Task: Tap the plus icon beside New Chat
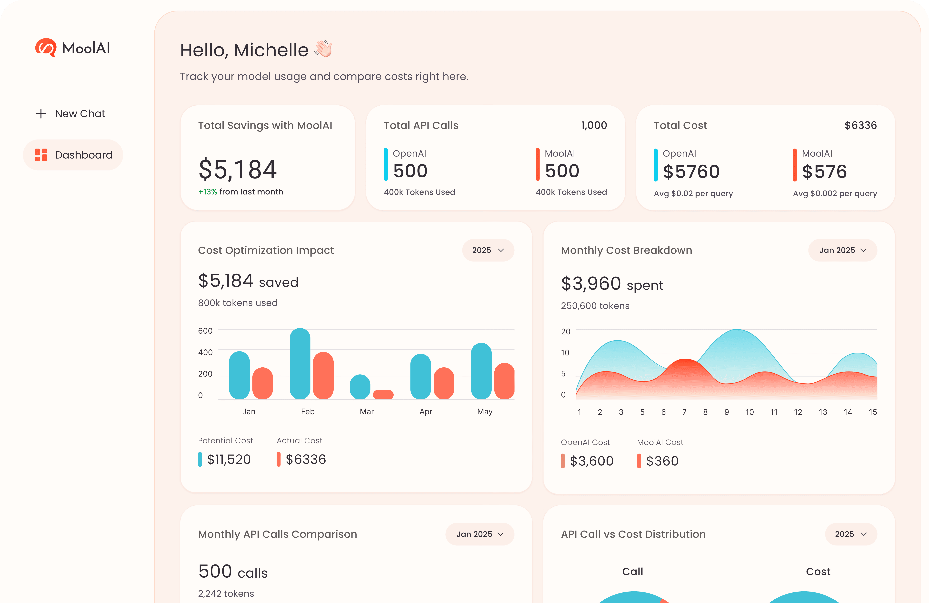coord(41,114)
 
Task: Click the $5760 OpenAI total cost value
coord(691,172)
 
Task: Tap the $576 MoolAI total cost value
coord(824,172)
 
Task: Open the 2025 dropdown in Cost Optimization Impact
coord(488,250)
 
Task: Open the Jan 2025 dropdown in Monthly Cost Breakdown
coord(842,250)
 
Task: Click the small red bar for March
coord(383,395)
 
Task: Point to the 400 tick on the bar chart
coord(205,352)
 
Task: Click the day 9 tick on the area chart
coord(726,412)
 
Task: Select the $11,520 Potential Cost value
coord(229,459)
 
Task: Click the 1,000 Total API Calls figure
coord(594,125)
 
